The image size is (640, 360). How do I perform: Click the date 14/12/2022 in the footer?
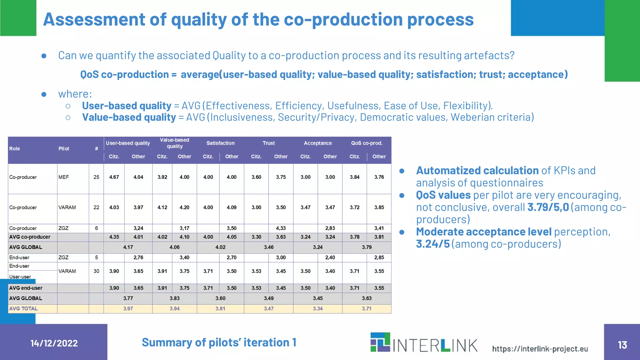pyautogui.click(x=54, y=343)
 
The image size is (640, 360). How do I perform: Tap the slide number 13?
pyautogui.click(x=622, y=345)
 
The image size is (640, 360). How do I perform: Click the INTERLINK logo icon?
pyautogui.click(x=380, y=342)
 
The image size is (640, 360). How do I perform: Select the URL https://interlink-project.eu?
pyautogui.click(x=540, y=349)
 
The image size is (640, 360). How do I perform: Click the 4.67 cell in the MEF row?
pyautogui.click(x=114, y=177)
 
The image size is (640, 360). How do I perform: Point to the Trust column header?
pyautogui.click(x=268, y=143)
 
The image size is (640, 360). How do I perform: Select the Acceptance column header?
pyautogui.click(x=317, y=143)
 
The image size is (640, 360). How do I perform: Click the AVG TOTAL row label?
pyautogui.click(x=23, y=309)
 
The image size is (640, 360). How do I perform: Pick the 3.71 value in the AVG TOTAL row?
pyautogui.click(x=367, y=309)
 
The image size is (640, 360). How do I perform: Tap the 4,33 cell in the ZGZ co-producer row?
pyautogui.click(x=281, y=228)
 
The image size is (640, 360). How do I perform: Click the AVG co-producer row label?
pyautogui.click(x=30, y=237)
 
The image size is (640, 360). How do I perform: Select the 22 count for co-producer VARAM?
pyautogui.click(x=96, y=207)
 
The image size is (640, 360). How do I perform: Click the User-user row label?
pyautogui.click(x=20, y=277)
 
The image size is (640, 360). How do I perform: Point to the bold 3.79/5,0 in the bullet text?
pyautogui.click(x=548, y=207)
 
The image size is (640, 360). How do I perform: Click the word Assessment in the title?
pyautogui.click(x=94, y=19)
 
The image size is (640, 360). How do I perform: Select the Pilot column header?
pyautogui.click(x=64, y=149)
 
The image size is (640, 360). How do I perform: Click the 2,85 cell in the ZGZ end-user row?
pyautogui.click(x=379, y=257)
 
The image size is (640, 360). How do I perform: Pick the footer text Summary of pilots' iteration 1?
pyautogui.click(x=219, y=342)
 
